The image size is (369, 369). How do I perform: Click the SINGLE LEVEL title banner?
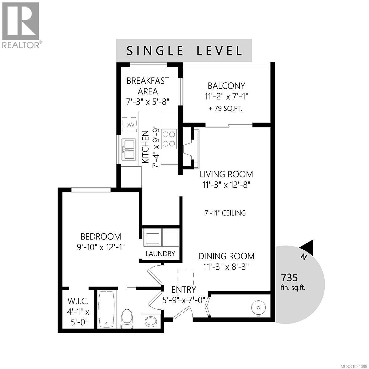[x=184, y=50]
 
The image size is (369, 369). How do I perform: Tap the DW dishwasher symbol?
[x=129, y=125]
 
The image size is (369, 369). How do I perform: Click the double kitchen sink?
[x=129, y=149]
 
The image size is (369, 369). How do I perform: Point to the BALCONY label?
[x=226, y=85]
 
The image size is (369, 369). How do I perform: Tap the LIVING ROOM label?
[x=226, y=174]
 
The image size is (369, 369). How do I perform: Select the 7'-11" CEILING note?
[x=225, y=213]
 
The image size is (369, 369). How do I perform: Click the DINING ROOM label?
[x=226, y=256]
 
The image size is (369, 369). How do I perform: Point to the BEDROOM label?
[x=101, y=236]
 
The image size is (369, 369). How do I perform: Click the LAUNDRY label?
[x=160, y=254]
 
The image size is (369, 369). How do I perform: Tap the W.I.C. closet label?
[x=78, y=300]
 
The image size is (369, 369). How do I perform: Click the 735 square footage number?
[x=289, y=278]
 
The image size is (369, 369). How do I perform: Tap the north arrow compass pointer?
[x=307, y=248]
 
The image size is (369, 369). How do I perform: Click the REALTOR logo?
[x=21, y=25]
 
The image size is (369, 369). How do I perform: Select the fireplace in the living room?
[x=190, y=149]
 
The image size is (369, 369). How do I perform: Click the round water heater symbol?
[x=257, y=307]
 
